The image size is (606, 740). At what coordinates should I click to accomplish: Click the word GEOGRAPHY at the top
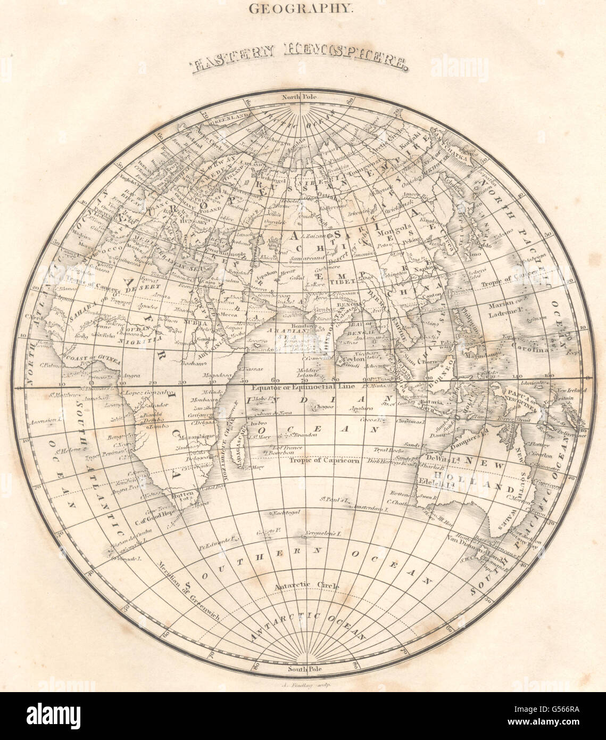pos(303,9)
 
